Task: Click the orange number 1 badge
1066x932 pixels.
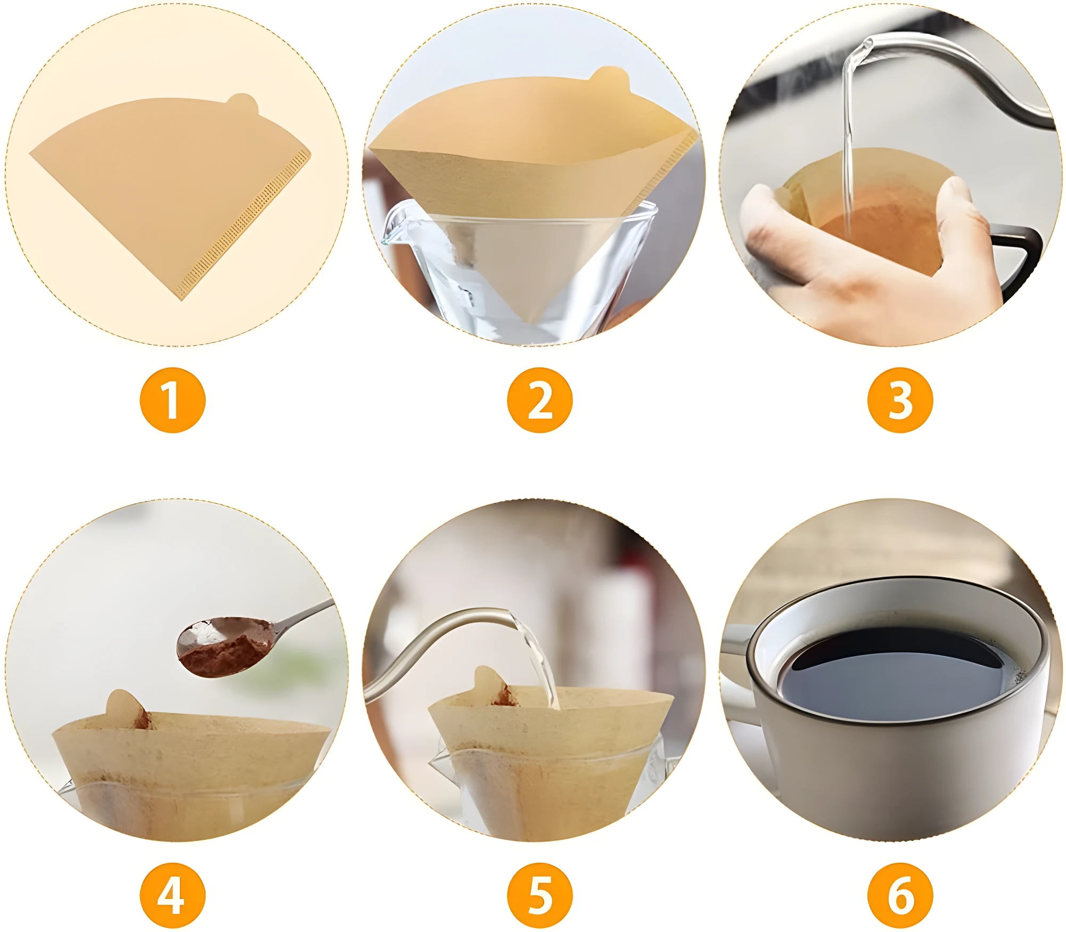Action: [173, 400]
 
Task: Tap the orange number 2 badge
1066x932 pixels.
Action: [540, 400]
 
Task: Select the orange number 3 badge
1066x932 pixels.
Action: [900, 400]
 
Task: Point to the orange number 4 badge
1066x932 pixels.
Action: [173, 895]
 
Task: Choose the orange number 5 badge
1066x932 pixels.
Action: [540, 895]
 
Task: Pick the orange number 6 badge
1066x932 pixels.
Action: [900, 895]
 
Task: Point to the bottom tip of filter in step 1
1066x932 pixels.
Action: [182, 300]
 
